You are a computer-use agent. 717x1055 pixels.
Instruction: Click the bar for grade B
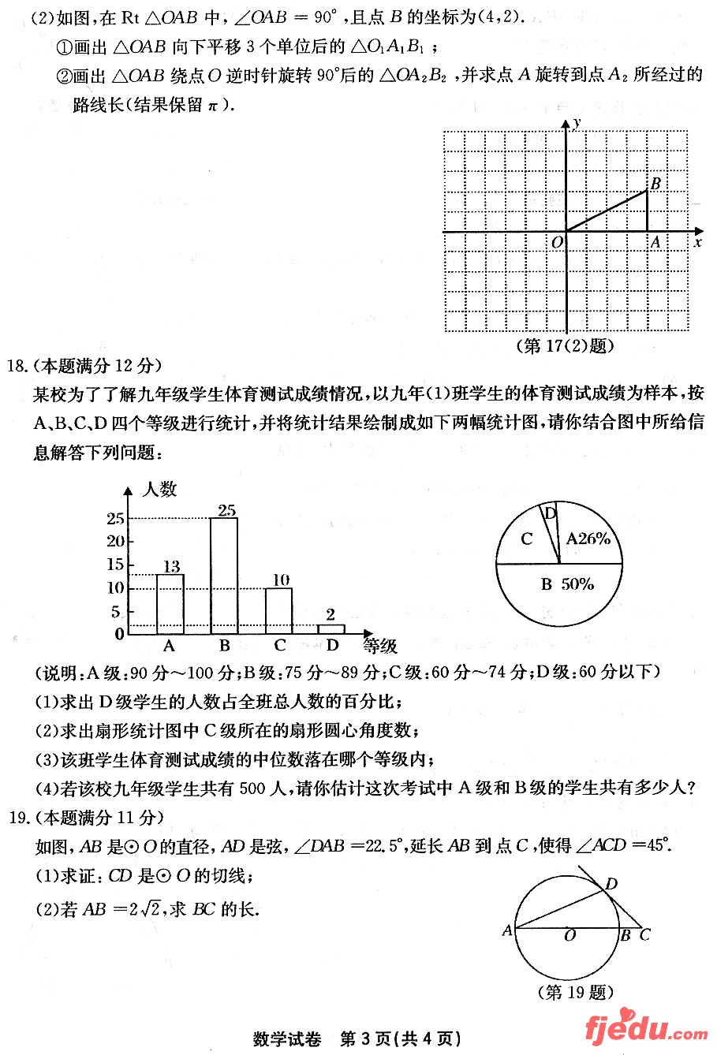[224, 576]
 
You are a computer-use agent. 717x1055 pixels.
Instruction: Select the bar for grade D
[331, 628]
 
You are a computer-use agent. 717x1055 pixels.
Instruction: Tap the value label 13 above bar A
[170, 566]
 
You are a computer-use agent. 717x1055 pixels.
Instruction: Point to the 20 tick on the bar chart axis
[116, 541]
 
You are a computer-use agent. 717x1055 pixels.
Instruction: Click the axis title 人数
[159, 489]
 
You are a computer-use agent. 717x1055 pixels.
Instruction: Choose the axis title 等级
[380, 647]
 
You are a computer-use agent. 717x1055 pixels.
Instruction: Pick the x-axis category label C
[279, 646]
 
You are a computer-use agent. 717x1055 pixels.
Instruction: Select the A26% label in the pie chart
[588, 539]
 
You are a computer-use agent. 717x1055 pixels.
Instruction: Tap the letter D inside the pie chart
[551, 513]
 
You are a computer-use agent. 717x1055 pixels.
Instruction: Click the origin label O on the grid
[557, 242]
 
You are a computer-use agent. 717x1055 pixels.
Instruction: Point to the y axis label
[577, 123]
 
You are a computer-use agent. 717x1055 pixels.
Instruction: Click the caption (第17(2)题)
[564, 345]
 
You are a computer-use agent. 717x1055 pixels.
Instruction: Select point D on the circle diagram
[611, 885]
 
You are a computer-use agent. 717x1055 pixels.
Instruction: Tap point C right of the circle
[645, 935]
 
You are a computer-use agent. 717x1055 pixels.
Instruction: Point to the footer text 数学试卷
[287, 1038]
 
